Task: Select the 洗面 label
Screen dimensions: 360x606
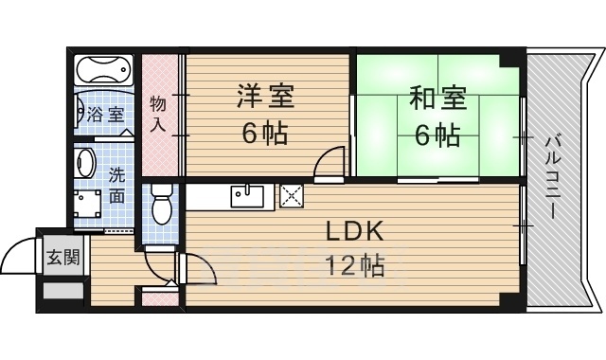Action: pos(116,186)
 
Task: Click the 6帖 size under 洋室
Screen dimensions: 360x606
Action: pos(264,135)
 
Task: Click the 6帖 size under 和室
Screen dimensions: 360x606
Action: pos(437,135)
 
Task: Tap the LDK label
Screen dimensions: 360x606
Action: pos(354,231)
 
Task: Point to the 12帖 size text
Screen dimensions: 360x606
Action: pos(356,265)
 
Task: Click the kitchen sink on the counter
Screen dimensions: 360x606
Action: pos(248,197)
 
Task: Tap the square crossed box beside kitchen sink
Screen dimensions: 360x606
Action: pos(290,197)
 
